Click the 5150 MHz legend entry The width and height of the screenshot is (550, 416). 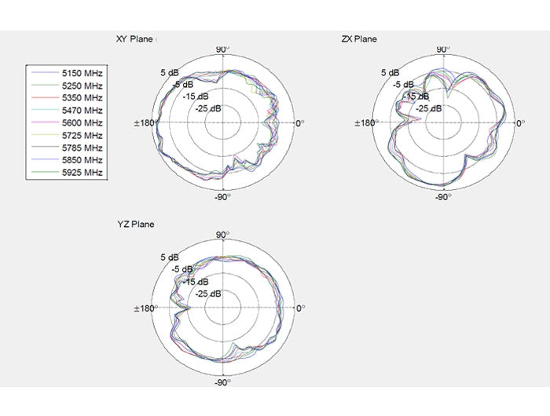[x=82, y=73]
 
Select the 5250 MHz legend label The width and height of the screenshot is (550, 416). [x=82, y=86]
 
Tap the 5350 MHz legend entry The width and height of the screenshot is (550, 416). [x=82, y=98]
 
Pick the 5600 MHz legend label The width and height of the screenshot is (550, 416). [x=82, y=122]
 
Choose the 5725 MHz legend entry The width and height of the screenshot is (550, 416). [x=82, y=135]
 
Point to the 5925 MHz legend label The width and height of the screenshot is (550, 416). [x=82, y=173]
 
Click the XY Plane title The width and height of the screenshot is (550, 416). [x=134, y=39]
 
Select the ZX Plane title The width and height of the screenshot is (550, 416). [x=359, y=39]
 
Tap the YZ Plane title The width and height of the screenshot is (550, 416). [x=136, y=224]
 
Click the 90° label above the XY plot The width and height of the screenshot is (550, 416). [x=222, y=49]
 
